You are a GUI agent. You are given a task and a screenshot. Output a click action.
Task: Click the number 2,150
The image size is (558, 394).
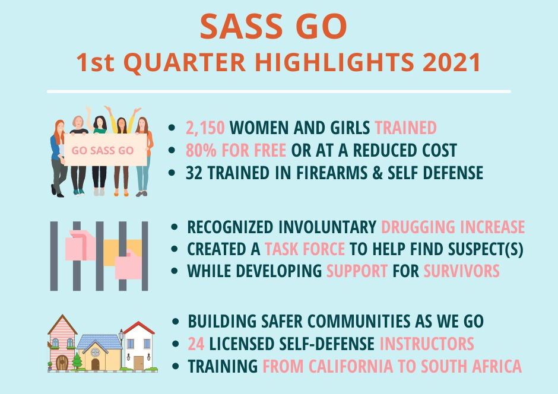[x=205, y=128]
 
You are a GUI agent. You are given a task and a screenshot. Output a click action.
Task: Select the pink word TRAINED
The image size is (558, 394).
[x=405, y=128]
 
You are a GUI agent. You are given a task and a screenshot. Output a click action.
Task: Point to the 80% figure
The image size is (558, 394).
[x=201, y=150]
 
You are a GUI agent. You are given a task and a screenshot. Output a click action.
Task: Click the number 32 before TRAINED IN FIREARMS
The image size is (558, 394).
[x=192, y=173]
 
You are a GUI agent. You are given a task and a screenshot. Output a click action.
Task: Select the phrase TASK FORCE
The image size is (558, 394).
[x=305, y=249]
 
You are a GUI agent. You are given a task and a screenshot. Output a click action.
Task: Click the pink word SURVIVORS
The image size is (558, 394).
[x=462, y=271]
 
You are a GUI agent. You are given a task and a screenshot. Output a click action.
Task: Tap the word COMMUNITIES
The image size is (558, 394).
[x=359, y=322]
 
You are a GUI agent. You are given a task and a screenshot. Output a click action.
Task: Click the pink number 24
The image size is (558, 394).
[x=196, y=344]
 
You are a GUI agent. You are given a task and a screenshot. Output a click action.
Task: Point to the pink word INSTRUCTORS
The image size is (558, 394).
[x=427, y=344]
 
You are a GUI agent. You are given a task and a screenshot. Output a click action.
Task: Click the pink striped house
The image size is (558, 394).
[x=62, y=342]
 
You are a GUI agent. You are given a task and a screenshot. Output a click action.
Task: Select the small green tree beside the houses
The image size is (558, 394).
[x=77, y=361]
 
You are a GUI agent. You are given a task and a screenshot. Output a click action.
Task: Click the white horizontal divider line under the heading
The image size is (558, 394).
[x=278, y=92]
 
